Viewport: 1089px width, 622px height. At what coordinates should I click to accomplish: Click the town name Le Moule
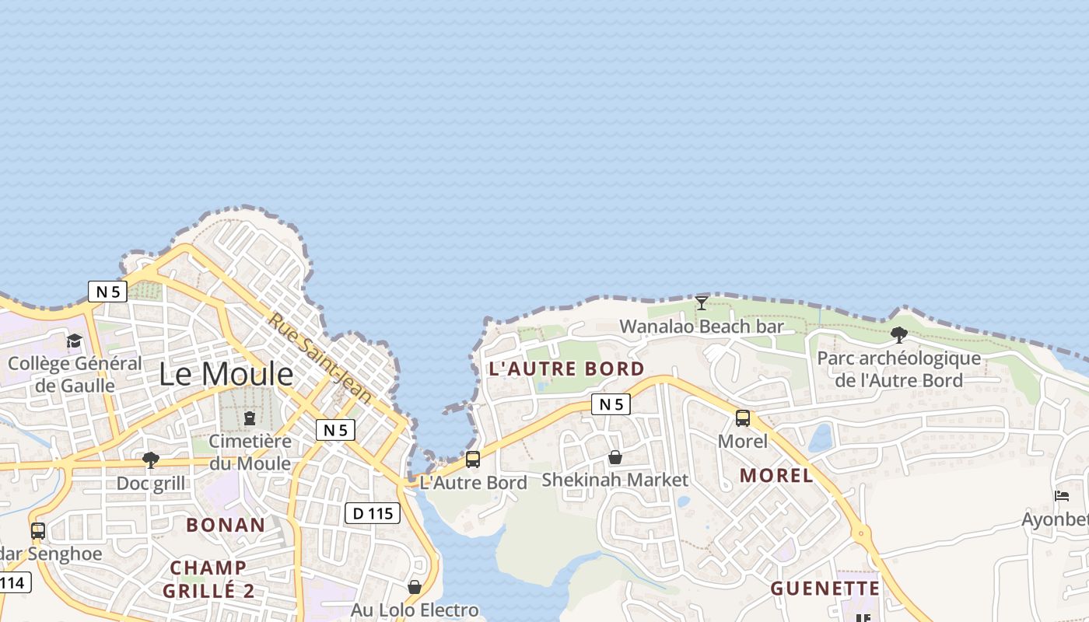(x=226, y=375)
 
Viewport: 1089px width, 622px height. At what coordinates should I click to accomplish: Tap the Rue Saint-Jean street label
(x=320, y=358)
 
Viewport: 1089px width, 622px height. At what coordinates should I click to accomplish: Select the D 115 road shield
(x=372, y=513)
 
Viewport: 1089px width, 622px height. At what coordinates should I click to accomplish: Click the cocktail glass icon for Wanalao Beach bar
(x=702, y=303)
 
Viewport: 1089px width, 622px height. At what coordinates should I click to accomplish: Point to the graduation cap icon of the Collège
(x=75, y=341)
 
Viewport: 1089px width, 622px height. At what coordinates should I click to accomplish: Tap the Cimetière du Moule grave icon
(x=250, y=419)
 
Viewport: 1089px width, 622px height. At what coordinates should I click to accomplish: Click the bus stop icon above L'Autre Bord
(x=473, y=460)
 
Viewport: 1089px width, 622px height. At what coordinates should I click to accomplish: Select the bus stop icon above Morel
(x=743, y=418)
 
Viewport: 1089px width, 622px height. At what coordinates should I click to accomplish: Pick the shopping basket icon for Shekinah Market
(x=615, y=457)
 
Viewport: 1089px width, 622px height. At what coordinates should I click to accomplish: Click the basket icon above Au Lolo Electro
(x=415, y=587)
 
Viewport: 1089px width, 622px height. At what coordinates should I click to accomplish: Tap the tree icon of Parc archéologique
(x=898, y=335)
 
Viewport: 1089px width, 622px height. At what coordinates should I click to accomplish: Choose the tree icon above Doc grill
(x=151, y=460)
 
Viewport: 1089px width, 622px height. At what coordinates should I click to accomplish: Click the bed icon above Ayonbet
(x=1062, y=496)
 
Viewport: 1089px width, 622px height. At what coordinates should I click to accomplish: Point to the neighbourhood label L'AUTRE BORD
(x=566, y=369)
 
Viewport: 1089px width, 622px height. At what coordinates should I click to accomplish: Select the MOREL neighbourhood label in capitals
(x=776, y=476)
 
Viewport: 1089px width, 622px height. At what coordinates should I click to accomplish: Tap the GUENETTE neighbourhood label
(x=825, y=589)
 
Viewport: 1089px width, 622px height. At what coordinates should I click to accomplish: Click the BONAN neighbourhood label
(x=226, y=525)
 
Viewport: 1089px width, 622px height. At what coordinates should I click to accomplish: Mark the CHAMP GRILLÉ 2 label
(x=208, y=579)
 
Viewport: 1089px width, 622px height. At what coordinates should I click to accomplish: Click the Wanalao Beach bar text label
(x=702, y=327)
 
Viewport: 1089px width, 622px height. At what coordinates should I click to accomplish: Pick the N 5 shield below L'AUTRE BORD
(x=611, y=404)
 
